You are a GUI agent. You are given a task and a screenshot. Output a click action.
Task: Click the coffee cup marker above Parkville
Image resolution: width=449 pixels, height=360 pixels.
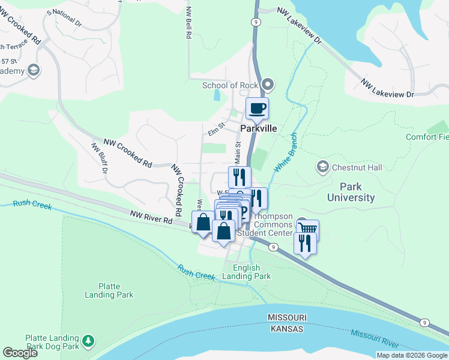258,109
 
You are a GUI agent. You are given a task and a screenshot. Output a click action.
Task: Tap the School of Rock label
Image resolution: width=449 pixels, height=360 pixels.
229,85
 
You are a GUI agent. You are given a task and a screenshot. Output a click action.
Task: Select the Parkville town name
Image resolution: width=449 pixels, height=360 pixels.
259,129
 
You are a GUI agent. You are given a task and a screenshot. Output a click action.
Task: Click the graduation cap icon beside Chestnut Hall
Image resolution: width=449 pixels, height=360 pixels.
323,167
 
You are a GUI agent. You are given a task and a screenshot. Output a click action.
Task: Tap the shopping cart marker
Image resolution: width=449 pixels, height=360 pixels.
307,229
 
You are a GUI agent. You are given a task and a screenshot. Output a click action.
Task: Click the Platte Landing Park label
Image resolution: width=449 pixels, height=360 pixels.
109,290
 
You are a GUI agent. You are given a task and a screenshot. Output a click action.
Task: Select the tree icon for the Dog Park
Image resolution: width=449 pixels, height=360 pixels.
89,341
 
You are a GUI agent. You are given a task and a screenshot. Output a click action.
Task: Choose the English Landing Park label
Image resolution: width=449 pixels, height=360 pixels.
246,272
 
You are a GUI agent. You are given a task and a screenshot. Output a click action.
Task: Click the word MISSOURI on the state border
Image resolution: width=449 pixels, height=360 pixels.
288,317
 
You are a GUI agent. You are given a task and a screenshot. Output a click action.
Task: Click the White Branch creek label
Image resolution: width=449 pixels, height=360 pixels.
286,153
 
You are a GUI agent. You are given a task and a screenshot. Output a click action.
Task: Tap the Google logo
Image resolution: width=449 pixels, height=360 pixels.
20,353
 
